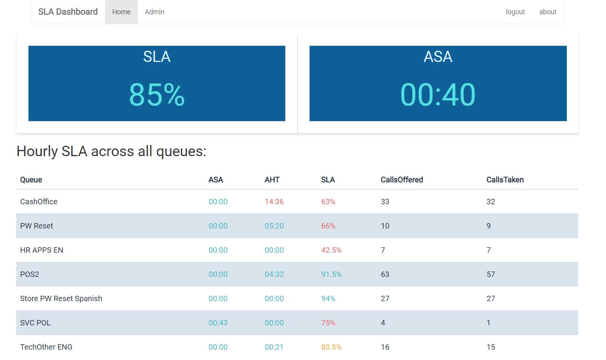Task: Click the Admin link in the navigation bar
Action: (x=154, y=12)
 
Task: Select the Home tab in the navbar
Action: (x=121, y=12)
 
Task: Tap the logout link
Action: (x=515, y=12)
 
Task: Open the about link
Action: (x=548, y=12)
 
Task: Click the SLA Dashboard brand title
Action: (x=68, y=12)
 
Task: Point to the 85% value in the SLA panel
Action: (x=157, y=95)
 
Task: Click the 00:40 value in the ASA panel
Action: (x=438, y=95)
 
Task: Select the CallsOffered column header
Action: (x=402, y=180)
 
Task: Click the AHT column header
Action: (x=272, y=180)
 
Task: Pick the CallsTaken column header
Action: (x=505, y=180)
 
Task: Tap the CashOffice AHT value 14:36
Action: (x=274, y=202)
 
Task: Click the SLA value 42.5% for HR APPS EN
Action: (x=331, y=250)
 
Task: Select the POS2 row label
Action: (x=30, y=275)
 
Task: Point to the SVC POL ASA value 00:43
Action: (x=218, y=323)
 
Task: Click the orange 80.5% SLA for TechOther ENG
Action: (x=331, y=347)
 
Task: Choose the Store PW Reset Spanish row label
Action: (x=61, y=298)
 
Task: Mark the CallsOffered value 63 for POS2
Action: (x=385, y=275)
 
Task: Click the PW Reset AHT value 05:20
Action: (x=274, y=226)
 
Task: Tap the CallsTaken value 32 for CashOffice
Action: (x=491, y=202)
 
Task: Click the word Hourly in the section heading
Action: (x=37, y=151)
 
